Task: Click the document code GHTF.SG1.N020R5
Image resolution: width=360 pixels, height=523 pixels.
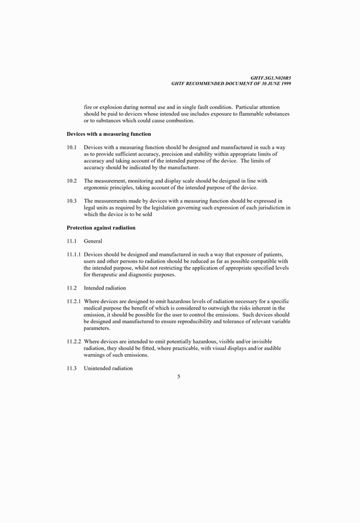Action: click(x=271, y=78)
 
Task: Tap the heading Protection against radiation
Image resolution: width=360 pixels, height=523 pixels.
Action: click(x=101, y=228)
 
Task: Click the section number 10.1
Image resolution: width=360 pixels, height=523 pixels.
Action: click(x=71, y=147)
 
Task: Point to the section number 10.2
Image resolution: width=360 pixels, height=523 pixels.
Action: click(x=71, y=181)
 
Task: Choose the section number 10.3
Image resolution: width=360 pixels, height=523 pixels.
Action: click(x=71, y=201)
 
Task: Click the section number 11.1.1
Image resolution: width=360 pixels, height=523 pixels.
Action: click(x=74, y=254)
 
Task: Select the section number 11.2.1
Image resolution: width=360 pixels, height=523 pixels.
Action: click(x=74, y=301)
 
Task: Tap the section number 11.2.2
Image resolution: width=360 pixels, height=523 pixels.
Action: click(x=74, y=341)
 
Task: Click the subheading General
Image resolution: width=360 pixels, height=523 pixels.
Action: click(x=93, y=242)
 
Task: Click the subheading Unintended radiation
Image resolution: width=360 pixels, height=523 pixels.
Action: click(x=109, y=368)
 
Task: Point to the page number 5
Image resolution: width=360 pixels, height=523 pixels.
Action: click(x=179, y=376)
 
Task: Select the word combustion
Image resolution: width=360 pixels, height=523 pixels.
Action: click(x=177, y=120)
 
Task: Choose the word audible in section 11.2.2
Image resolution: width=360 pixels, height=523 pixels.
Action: click(x=269, y=348)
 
